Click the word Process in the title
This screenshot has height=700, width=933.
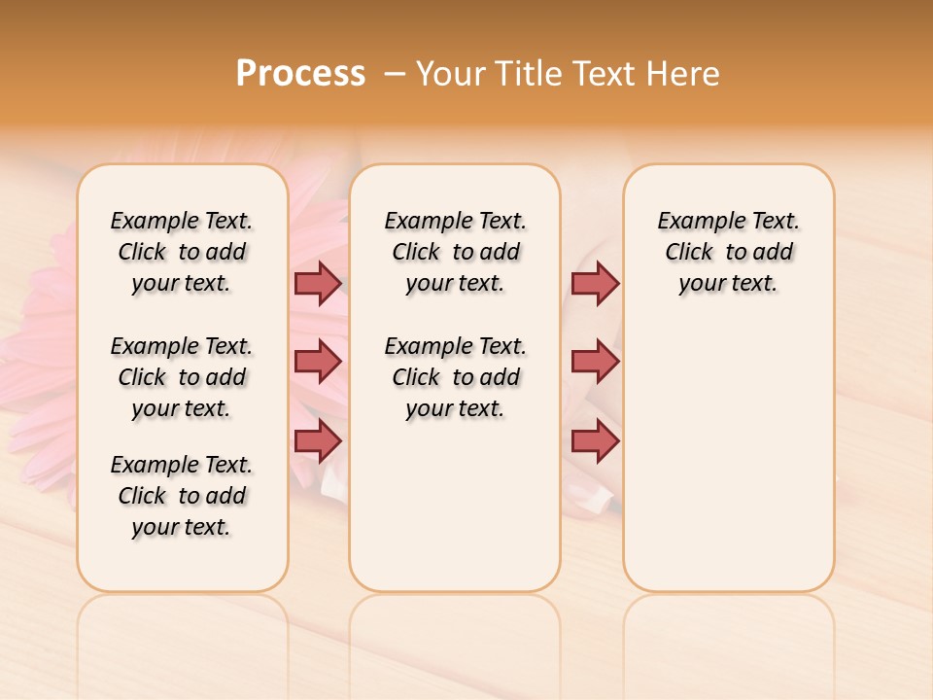tap(300, 73)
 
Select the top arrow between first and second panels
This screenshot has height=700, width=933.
tap(318, 283)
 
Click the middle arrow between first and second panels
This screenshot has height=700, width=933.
tap(318, 362)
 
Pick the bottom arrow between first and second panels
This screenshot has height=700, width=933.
tap(318, 440)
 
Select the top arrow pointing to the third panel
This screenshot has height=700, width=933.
tap(595, 283)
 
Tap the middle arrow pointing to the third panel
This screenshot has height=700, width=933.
tap(595, 362)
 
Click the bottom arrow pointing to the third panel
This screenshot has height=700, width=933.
tap(595, 440)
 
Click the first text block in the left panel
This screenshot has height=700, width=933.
tap(182, 252)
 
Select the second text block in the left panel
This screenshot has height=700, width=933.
tap(182, 377)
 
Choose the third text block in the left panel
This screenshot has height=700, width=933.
tap(182, 496)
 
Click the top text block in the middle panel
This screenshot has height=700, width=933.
tap(455, 252)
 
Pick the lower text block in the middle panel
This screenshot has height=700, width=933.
tap(455, 377)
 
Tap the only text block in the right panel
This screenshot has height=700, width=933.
tap(728, 252)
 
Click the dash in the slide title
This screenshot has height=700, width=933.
tap(395, 73)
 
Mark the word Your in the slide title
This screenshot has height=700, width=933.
tap(451, 73)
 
